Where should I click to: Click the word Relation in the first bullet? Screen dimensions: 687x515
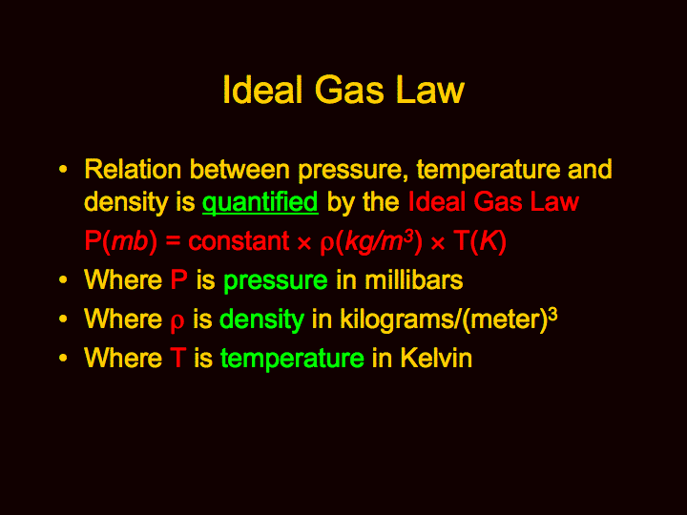pyautogui.click(x=133, y=169)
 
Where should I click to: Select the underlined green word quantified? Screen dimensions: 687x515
pyautogui.click(x=260, y=203)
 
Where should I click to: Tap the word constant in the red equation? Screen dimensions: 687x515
pyautogui.click(x=239, y=241)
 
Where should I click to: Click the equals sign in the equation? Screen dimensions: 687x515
pyautogui.click(x=173, y=241)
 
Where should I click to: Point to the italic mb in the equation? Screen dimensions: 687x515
pyautogui.click(x=130, y=241)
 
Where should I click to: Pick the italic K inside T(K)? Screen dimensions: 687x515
pyautogui.click(x=489, y=241)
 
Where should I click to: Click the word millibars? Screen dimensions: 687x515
pyautogui.click(x=413, y=279)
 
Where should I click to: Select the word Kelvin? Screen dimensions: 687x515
pyautogui.click(x=436, y=358)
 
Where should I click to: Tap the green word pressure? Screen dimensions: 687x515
pyautogui.click(x=276, y=281)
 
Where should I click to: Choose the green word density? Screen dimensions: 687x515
pyautogui.click(x=261, y=319)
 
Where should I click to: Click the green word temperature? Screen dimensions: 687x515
pyautogui.click(x=292, y=359)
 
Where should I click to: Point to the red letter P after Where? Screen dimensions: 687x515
pyautogui.click(x=178, y=279)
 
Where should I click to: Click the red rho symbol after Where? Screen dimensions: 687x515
pyautogui.click(x=177, y=322)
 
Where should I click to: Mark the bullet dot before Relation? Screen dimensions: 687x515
pyautogui.click(x=63, y=169)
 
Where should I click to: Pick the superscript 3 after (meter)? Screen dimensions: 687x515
pyautogui.click(x=552, y=314)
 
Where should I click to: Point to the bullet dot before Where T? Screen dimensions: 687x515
pyautogui.click(x=63, y=358)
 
